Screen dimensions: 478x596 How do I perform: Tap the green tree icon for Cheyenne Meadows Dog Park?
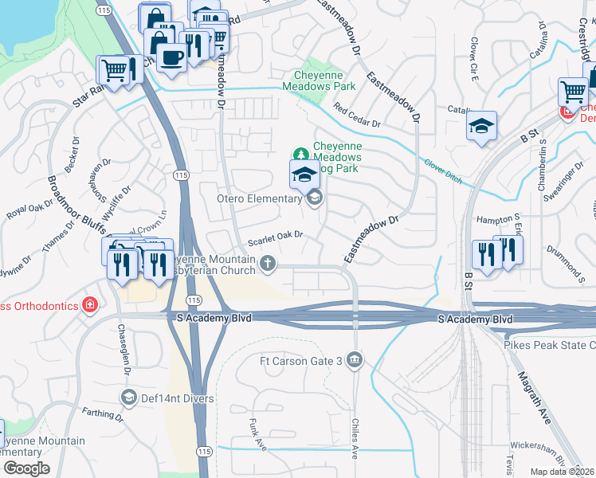point(301,153)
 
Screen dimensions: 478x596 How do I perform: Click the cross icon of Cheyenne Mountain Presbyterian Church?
point(269,261)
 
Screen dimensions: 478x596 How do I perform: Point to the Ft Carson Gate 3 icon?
point(355,362)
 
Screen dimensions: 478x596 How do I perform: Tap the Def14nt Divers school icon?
point(128,396)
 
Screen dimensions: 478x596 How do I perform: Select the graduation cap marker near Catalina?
point(481,126)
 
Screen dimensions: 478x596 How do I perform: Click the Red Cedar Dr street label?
point(357,117)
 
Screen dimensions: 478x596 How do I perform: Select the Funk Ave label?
point(255,434)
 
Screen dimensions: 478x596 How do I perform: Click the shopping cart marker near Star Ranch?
point(112,70)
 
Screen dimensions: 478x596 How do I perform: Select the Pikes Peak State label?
point(549,345)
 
